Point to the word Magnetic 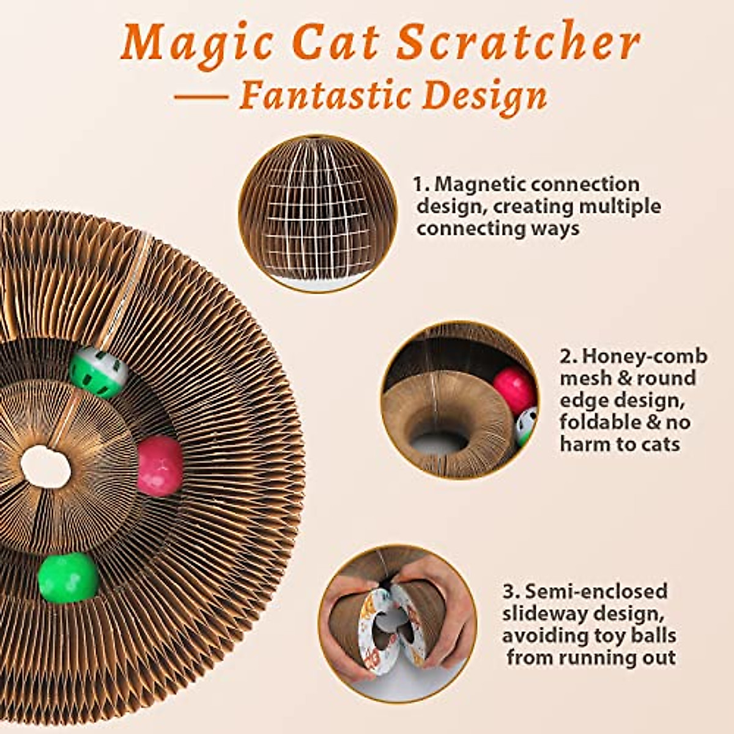click(x=480, y=184)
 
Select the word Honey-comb click(x=644, y=356)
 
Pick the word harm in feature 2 click(x=585, y=443)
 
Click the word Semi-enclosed click(x=597, y=591)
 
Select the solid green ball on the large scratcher click(x=68, y=577)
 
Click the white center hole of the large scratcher click(x=45, y=467)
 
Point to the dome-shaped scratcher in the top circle click(x=317, y=211)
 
